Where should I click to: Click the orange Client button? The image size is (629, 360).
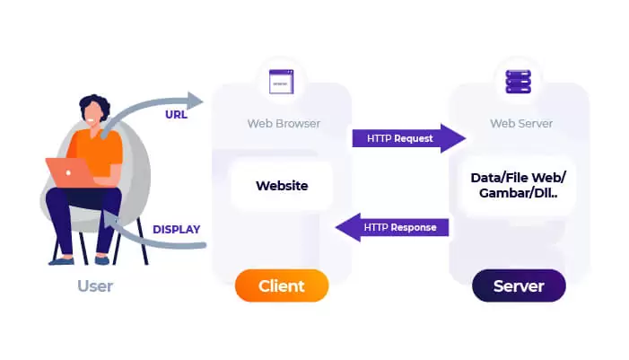click(282, 286)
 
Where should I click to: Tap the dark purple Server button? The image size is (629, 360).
click(519, 286)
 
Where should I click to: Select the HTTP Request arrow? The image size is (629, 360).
click(408, 138)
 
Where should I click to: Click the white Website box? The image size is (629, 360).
click(282, 186)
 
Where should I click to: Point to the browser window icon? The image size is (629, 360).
click(283, 83)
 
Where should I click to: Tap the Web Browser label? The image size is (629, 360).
click(284, 123)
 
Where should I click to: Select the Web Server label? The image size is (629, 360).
click(520, 123)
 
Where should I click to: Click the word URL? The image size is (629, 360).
click(176, 115)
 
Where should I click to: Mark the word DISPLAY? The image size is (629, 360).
click(176, 229)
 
